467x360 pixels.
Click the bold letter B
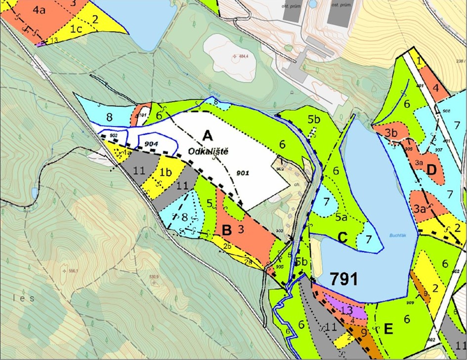point(227,230)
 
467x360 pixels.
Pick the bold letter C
point(341,238)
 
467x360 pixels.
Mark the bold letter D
point(431,170)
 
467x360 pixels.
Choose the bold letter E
point(388,329)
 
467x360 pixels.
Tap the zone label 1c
point(75,29)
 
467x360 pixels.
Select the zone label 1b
point(166,172)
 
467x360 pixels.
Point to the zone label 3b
point(391,133)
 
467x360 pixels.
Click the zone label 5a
point(341,217)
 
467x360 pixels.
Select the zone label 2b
point(228,246)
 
